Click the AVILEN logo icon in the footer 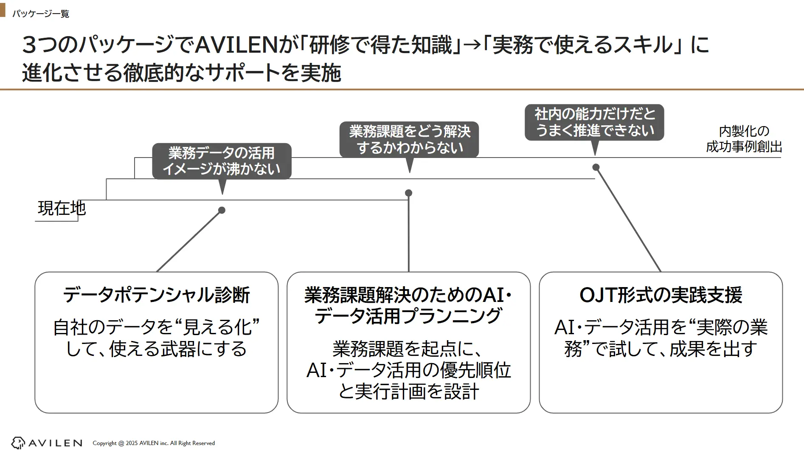pos(18,443)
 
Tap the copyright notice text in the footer pos(154,443)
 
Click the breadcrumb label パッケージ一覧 pos(41,14)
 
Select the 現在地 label pos(62,209)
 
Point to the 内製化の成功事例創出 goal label pos(744,139)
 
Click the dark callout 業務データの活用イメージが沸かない pos(222,161)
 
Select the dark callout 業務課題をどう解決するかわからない pos(409,140)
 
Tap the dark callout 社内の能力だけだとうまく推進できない pos(594,122)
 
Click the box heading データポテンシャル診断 pos(156,295)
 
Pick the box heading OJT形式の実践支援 pos(661,295)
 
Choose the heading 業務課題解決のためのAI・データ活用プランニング pos(408,305)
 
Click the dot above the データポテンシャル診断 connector pos(222,210)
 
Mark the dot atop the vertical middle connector pos(409,193)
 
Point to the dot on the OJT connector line pos(596,167)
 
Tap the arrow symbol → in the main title pos(476,45)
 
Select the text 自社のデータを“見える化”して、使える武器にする pos(156,338)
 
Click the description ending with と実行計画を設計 pos(408,370)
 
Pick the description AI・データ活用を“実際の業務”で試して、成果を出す pos(661,338)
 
